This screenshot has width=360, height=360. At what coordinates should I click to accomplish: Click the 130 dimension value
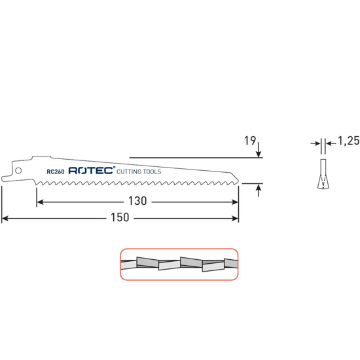point(137,202)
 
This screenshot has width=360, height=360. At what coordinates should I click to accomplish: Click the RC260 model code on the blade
point(55,172)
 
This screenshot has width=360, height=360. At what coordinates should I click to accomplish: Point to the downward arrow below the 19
point(260,153)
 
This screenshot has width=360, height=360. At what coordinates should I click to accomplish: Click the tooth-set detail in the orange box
point(178,263)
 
